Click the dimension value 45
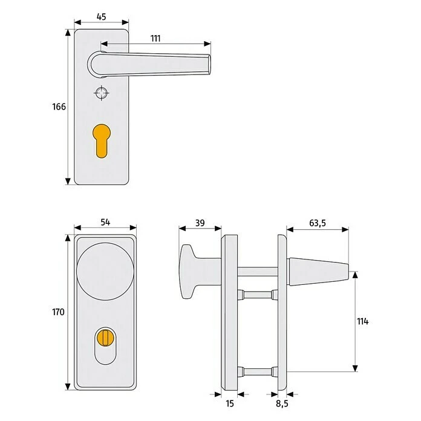(101, 16)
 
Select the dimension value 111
(155, 38)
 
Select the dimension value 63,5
(317, 223)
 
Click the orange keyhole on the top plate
(102, 137)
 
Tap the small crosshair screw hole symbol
(101, 93)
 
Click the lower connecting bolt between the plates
(259, 370)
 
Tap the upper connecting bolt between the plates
(259, 295)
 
